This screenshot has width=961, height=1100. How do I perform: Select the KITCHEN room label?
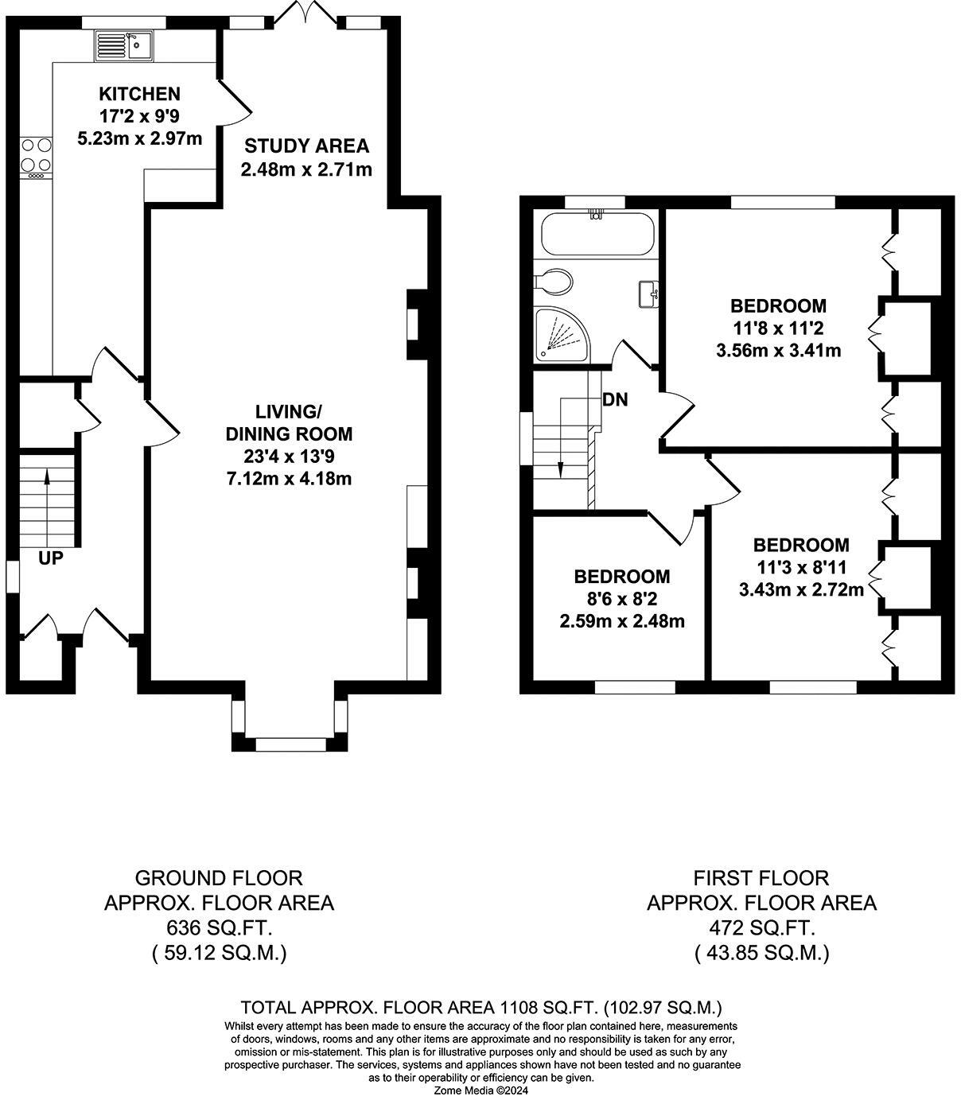point(139,94)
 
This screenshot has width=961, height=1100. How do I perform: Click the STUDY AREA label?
point(306,146)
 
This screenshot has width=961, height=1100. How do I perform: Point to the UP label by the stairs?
point(51,558)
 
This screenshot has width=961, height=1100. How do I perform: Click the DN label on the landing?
point(615,399)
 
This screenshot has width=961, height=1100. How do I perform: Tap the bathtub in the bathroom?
point(597,234)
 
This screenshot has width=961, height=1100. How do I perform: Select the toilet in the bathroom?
point(554,282)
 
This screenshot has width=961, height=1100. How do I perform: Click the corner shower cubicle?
point(562,333)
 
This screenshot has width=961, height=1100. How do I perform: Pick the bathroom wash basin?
point(648,294)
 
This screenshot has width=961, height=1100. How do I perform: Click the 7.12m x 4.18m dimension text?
point(290,478)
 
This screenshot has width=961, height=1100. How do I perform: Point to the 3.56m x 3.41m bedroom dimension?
point(778,351)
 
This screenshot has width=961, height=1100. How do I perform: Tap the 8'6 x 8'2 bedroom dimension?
point(621,598)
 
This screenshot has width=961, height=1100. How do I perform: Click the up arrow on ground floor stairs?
point(47,507)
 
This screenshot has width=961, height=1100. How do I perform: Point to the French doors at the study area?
point(306,12)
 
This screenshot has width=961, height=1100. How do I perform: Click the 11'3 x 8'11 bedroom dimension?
point(801,567)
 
